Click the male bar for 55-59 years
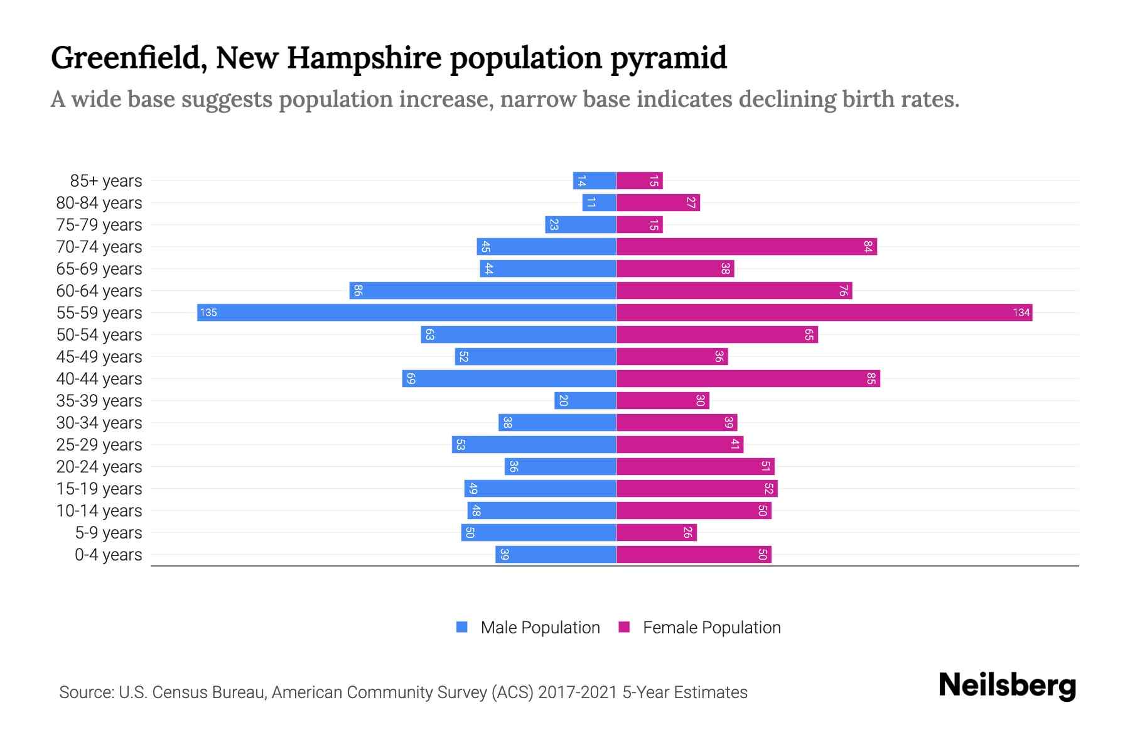point(407,312)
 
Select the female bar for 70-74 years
point(746,246)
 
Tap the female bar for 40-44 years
point(748,378)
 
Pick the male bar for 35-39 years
point(585,400)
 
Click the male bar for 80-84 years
point(599,202)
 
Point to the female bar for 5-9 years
point(656,532)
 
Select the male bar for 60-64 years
point(483,290)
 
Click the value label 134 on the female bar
point(1021,312)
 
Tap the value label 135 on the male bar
point(208,312)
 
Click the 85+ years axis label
point(105,180)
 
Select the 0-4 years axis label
point(108,554)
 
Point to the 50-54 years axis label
point(99,334)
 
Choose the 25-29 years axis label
point(99,444)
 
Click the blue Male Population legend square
point(462,627)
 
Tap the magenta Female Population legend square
point(624,627)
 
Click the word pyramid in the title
point(669,58)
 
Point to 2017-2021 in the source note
point(578,692)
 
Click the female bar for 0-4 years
point(694,554)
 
